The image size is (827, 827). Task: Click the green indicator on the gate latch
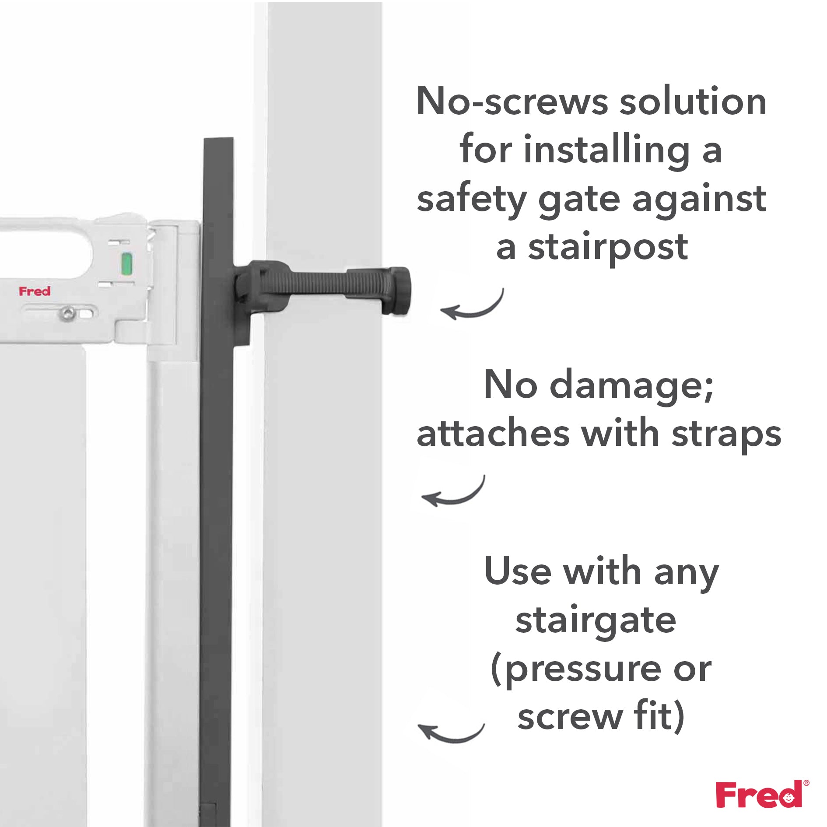(x=126, y=264)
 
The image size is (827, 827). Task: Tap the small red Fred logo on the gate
(x=35, y=291)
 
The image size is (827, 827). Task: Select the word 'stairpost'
(x=608, y=248)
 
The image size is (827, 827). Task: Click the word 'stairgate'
(x=596, y=620)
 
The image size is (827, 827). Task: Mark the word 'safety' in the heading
(x=471, y=200)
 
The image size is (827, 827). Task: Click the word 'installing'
(x=606, y=150)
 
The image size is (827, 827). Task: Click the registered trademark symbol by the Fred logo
(x=806, y=783)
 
